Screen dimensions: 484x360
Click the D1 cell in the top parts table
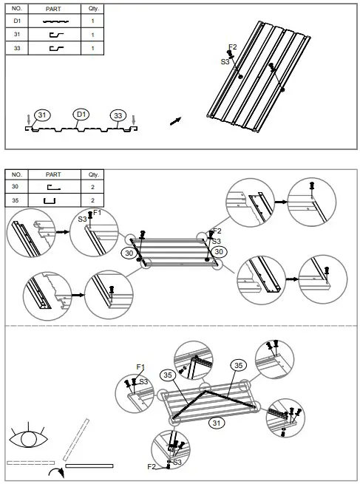[x=17, y=22]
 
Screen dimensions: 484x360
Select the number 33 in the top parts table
[x=17, y=48]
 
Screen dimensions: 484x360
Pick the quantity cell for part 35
[x=93, y=200]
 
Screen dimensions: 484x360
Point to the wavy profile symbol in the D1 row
[x=53, y=22]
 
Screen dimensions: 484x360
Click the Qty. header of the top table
[x=93, y=10]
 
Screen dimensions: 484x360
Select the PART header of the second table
[x=53, y=174]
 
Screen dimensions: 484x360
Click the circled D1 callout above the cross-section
[x=81, y=115]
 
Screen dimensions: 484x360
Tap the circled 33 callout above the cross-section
[x=118, y=115]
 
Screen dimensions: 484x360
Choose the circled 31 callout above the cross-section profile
[x=42, y=115]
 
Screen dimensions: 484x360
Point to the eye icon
[x=29, y=440]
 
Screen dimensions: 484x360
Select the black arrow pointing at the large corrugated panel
[x=175, y=120]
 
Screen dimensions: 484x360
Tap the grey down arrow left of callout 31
[x=28, y=119]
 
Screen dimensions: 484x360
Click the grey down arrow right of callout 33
[x=133, y=119]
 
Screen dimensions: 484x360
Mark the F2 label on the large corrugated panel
[x=232, y=47]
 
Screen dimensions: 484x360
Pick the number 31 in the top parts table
[x=17, y=35]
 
